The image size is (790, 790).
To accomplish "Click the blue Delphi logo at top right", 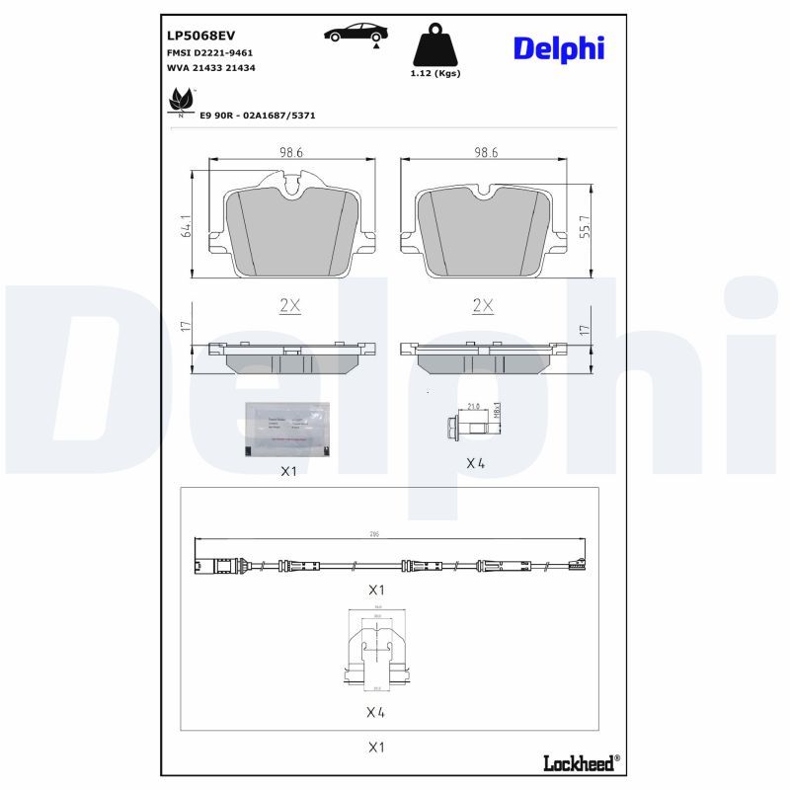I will click(x=558, y=47).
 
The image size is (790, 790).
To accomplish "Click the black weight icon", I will click(x=434, y=44).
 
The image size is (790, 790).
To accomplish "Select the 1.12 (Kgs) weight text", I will click(x=434, y=73).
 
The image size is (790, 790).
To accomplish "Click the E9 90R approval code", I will click(x=257, y=115).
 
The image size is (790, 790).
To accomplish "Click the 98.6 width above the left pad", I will click(x=289, y=153).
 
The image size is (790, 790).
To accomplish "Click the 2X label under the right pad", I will click(x=482, y=306).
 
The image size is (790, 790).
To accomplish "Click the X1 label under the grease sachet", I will click(x=287, y=471).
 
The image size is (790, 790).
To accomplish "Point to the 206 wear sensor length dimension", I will click(x=374, y=533).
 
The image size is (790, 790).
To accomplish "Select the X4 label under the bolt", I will click(x=475, y=462).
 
